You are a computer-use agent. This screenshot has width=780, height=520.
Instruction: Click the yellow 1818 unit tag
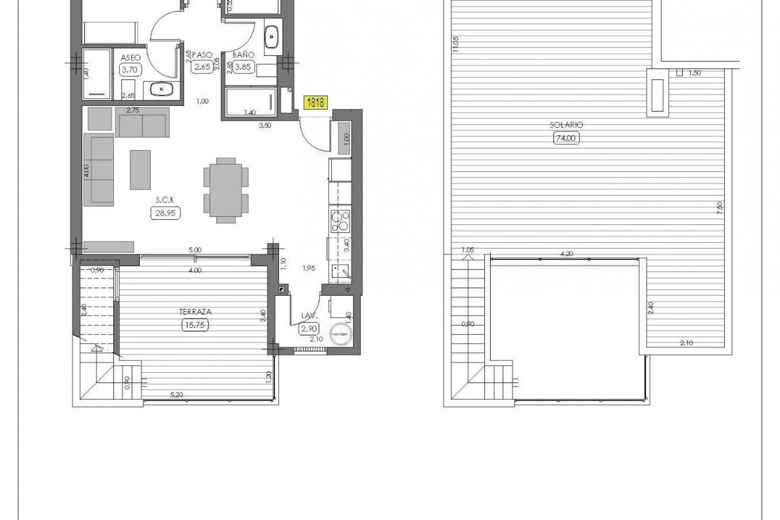(x=315, y=102)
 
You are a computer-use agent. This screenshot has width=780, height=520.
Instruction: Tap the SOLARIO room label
(x=566, y=125)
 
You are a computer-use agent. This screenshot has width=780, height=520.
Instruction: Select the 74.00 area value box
(x=566, y=138)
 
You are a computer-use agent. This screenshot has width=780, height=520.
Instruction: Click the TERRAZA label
(x=195, y=312)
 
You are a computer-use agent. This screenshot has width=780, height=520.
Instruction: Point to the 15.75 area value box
(x=195, y=325)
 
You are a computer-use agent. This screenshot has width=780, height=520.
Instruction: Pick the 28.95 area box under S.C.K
(x=165, y=213)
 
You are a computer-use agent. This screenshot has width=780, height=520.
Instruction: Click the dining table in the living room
(x=225, y=190)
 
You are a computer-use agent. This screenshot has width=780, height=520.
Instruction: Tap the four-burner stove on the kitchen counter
(x=340, y=221)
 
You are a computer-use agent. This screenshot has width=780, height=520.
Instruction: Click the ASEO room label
(x=131, y=58)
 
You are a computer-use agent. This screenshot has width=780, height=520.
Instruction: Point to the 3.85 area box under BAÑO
(x=243, y=67)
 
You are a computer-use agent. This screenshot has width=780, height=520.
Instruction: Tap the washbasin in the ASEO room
(x=162, y=89)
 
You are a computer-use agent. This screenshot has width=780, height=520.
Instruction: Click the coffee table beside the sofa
(x=140, y=170)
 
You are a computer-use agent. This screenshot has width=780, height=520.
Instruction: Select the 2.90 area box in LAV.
(x=309, y=328)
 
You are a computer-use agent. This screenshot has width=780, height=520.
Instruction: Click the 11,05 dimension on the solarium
(x=455, y=45)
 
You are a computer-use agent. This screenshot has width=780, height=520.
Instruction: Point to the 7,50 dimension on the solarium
(x=720, y=208)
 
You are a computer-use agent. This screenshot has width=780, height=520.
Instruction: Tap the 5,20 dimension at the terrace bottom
(x=176, y=394)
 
